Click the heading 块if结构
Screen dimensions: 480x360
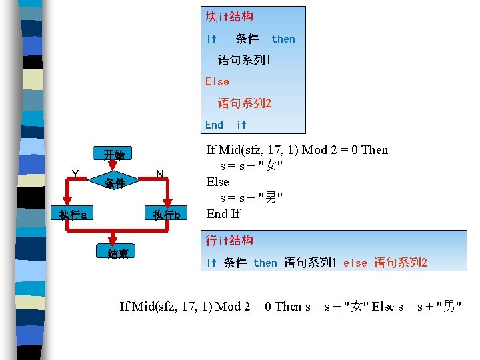click(229, 17)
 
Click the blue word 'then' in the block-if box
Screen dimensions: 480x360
click(283, 39)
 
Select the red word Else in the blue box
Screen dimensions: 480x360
click(217, 81)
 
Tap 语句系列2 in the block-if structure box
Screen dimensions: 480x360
click(245, 103)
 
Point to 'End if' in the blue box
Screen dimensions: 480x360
click(226, 125)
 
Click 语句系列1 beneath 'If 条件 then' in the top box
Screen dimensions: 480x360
click(244, 60)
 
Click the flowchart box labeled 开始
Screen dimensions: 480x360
click(115, 155)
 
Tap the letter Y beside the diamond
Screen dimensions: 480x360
click(75, 174)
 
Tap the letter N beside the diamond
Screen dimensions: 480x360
click(160, 174)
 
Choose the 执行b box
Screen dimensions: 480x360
click(166, 215)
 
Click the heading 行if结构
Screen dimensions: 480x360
click(229, 240)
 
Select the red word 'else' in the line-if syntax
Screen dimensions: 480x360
click(355, 263)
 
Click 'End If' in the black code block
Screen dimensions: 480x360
click(223, 213)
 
